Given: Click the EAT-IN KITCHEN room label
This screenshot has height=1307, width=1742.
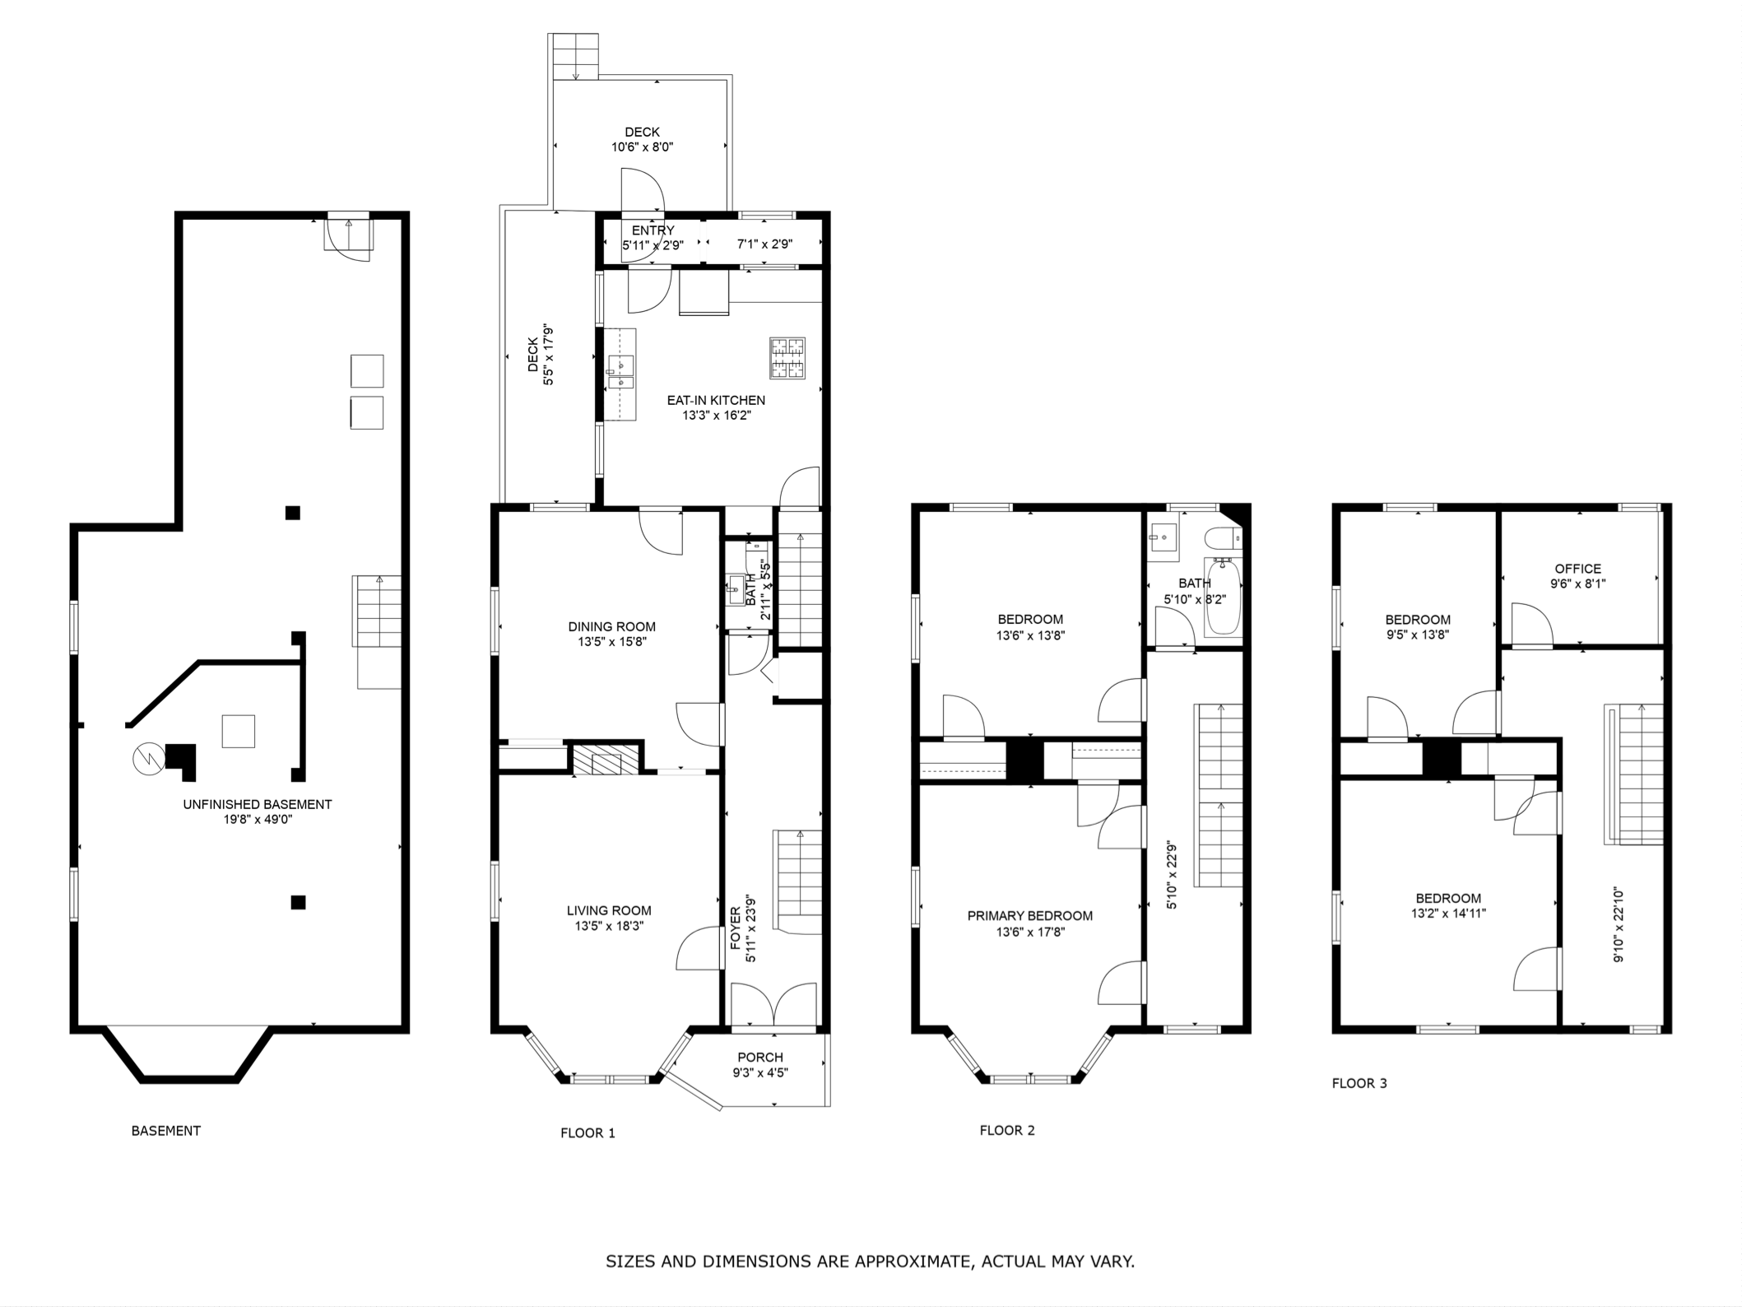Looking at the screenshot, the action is (x=716, y=400).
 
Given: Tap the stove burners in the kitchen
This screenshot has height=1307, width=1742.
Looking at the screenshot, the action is (x=787, y=358).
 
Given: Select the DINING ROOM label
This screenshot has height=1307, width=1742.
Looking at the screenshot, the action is (x=611, y=626).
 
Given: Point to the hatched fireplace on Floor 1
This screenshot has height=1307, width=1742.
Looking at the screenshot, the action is (x=606, y=760).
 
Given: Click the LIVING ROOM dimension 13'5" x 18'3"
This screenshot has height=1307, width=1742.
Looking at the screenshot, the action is (x=609, y=926).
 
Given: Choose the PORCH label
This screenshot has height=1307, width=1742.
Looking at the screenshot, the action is (x=760, y=1057).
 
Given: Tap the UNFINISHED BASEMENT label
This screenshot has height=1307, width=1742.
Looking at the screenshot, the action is (x=258, y=804).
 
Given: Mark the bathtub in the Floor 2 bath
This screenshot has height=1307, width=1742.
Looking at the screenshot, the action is (x=1223, y=597).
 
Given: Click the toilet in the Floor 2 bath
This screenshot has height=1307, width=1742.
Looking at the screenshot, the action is (x=1222, y=539).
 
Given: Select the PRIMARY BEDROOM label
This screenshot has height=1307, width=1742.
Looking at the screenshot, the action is (x=1030, y=915).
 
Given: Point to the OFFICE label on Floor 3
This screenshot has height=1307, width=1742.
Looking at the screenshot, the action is (x=1577, y=569).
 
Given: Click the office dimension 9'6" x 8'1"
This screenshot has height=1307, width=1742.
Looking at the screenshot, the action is (x=1577, y=584).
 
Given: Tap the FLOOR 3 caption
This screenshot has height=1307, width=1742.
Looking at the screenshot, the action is (x=1359, y=1083).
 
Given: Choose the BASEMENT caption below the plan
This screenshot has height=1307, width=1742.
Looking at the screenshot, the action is (x=166, y=1131).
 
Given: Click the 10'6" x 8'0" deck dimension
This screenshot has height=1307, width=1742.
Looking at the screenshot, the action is (x=642, y=147).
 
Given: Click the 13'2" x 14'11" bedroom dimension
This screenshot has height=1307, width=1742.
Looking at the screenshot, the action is (x=1448, y=913).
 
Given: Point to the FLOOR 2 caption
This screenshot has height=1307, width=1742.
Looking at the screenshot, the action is (x=1007, y=1130).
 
